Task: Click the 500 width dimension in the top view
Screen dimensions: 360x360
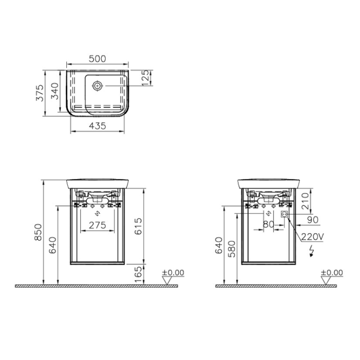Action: click(97, 59)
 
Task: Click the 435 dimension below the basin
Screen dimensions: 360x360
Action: click(97, 126)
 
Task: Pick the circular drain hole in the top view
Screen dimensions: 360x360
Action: click(97, 86)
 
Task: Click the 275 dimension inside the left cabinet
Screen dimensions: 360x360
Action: click(97, 226)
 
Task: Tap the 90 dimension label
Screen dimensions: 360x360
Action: click(312, 220)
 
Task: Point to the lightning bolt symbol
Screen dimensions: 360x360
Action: click(311, 251)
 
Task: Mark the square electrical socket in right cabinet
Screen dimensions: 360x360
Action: click(283, 213)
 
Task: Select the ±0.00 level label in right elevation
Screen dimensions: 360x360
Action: click(332, 273)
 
